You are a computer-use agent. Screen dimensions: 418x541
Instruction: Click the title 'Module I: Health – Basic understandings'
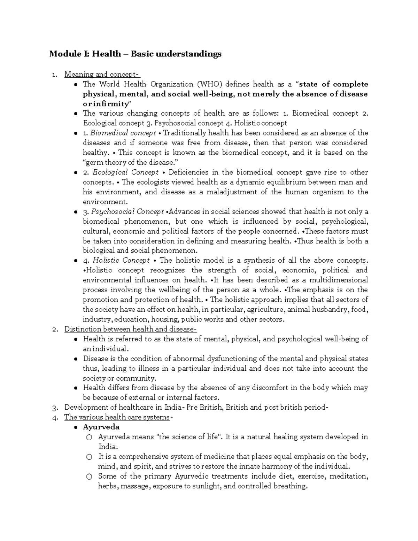tap(135, 54)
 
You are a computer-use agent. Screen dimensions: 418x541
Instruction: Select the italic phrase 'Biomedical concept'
tap(123, 133)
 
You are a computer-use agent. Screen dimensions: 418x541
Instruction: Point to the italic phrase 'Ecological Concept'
tap(125, 172)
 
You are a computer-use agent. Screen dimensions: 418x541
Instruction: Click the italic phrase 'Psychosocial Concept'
tap(127, 211)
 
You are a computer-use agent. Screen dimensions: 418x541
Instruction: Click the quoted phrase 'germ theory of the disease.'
tap(129, 162)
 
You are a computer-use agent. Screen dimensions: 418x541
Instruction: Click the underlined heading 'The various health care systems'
tap(117, 417)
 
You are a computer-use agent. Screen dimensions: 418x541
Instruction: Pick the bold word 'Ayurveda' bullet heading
tap(101, 427)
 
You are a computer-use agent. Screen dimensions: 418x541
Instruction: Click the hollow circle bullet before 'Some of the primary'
tap(89, 477)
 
